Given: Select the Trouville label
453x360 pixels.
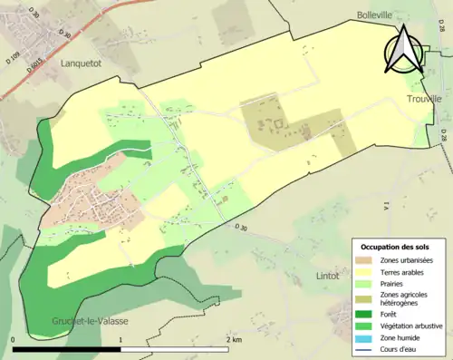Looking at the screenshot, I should click(x=424, y=98).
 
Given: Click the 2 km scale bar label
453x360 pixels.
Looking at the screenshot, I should click(x=234, y=339).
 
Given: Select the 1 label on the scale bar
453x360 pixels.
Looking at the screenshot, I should click(x=120, y=339).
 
